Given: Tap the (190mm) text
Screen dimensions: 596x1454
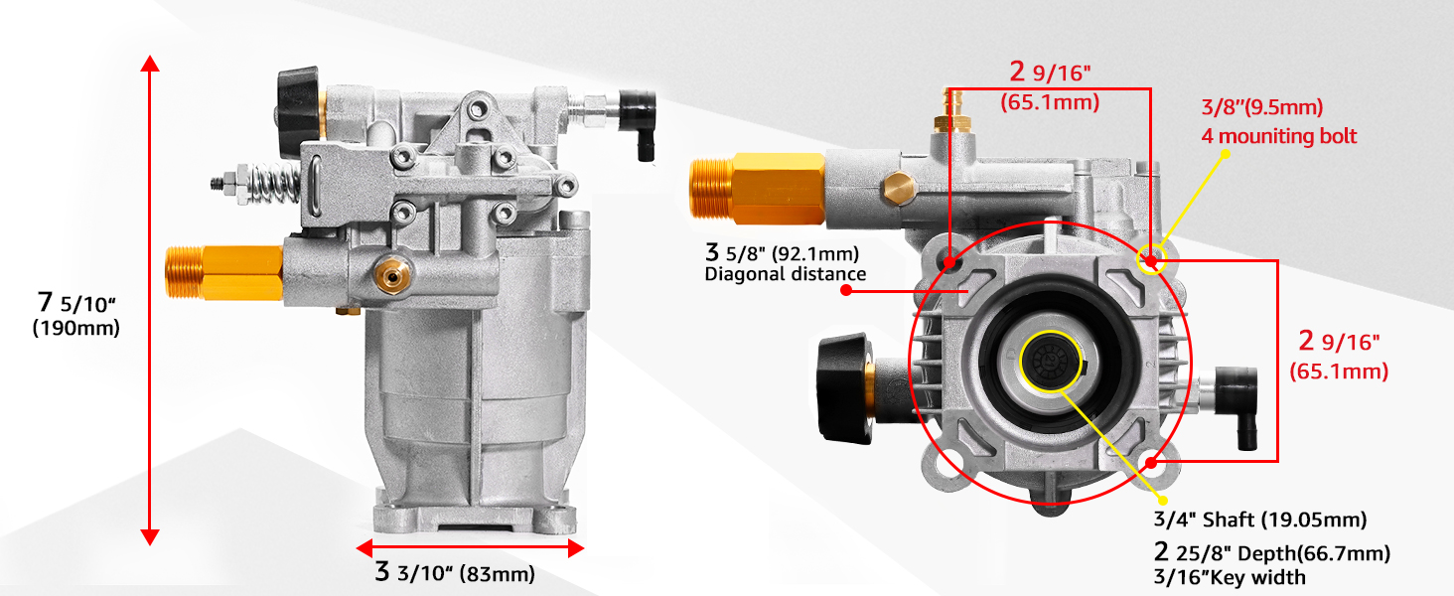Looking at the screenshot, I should pyautogui.click(x=75, y=328).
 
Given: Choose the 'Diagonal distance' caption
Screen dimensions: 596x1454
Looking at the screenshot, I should pyautogui.click(x=786, y=274).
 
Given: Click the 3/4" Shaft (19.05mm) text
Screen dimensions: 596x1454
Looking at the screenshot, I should pyautogui.click(x=1259, y=520).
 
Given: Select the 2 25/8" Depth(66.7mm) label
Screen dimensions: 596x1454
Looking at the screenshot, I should pyautogui.click(x=1271, y=553).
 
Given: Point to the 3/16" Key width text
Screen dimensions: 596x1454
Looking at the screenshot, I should pyautogui.click(x=1230, y=577).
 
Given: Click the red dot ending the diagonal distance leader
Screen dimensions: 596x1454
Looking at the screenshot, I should pyautogui.click(x=846, y=291).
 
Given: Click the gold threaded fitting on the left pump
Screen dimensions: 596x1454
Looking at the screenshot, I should pyautogui.click(x=223, y=273).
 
